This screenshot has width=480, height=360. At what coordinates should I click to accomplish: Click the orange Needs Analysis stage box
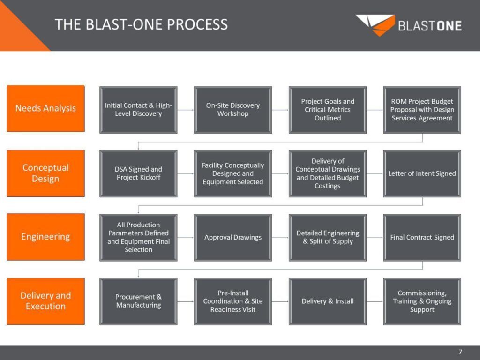pos(45,109)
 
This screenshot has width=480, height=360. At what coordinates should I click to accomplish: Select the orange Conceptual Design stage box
pos(45,173)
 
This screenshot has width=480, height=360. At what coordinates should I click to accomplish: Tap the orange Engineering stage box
pos(45,237)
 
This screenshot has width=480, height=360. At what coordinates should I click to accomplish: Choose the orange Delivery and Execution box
pos(45,301)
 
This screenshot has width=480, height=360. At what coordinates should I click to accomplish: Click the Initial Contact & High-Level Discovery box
pos(138,110)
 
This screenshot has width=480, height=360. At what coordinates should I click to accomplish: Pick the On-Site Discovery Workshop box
pos(233,110)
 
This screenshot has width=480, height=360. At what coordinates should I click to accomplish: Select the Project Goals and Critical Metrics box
pos(328,110)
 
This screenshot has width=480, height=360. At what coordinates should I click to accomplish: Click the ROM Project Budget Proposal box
pos(422,110)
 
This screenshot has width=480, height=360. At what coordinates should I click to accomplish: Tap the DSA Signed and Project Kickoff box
pos(138,173)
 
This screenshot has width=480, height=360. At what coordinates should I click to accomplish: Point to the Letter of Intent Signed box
pos(422,173)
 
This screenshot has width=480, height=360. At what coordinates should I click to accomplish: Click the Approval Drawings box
pos(233,237)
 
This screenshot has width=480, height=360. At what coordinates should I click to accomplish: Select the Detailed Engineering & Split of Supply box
pos(328,237)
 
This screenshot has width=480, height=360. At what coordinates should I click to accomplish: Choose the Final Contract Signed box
pos(422,237)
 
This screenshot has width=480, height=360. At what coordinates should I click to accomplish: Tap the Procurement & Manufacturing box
pos(138,301)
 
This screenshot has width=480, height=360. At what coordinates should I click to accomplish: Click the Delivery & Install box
pos(328,301)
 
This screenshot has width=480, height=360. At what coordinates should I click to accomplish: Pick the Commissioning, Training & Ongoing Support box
pos(422,301)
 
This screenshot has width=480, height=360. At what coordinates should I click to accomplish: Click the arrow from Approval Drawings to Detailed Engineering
pos(280,238)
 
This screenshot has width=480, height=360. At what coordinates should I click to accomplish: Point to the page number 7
pos(460,352)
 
